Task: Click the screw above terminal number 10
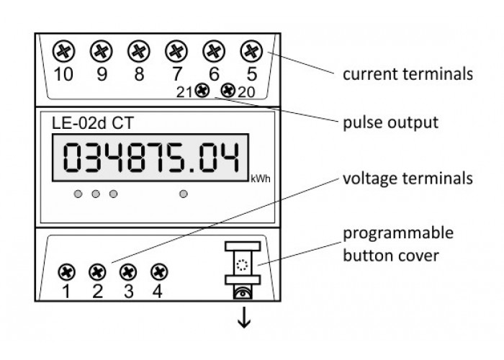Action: coord(63,51)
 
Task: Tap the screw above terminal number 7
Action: coord(176,51)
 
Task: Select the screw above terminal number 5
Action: coord(251,51)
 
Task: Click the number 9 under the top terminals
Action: coord(102,74)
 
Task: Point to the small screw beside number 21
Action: coord(202,91)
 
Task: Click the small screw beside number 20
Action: coord(228,91)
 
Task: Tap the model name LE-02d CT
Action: coord(93,123)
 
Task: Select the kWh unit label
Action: coord(261,179)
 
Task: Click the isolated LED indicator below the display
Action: coord(183,194)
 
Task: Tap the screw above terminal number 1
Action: coord(67,272)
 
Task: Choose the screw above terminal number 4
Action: coord(159,272)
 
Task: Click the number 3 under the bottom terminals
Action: coord(129,292)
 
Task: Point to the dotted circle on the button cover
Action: coord(242,265)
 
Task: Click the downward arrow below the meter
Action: coord(244,318)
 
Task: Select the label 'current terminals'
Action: coord(408,74)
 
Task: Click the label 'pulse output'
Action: coord(390,123)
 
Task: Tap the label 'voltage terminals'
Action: coord(408,179)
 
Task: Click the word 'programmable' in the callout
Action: coord(398,233)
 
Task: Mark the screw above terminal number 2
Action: coord(97,272)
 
